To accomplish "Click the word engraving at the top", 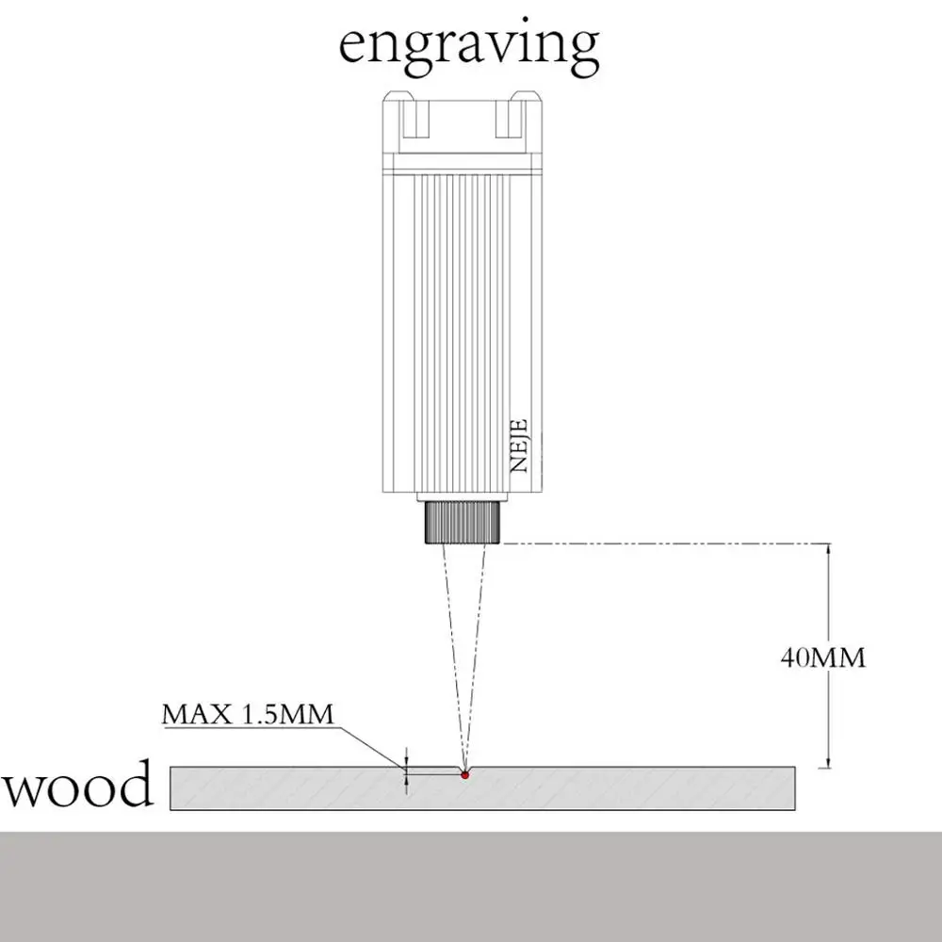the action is [x=468, y=44].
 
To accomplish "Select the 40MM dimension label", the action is [x=822, y=657].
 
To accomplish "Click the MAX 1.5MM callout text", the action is [x=248, y=714].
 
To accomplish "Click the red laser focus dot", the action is [x=464, y=774].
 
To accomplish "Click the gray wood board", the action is [x=612, y=788].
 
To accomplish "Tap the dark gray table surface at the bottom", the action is [x=471, y=885].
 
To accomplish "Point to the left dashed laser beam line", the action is [x=447, y=650].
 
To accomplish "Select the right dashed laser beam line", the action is [x=477, y=650].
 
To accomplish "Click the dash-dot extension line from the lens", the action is [x=659, y=544].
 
